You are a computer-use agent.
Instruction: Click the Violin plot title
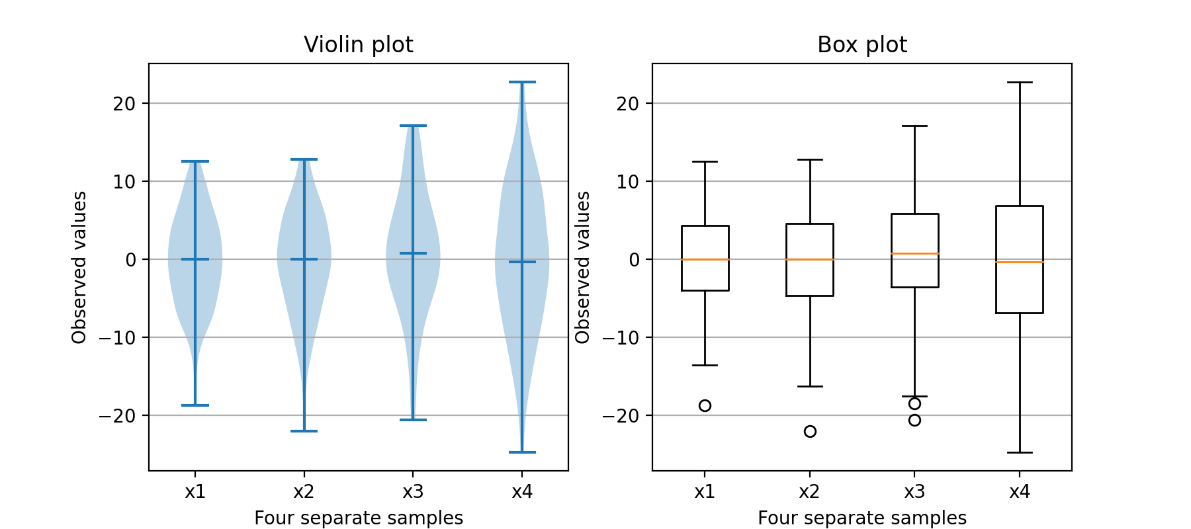coord(358,44)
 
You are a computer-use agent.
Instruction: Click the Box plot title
coord(861,44)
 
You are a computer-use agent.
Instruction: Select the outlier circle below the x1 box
coord(705,405)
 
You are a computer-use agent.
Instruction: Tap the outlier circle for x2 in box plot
coord(810,431)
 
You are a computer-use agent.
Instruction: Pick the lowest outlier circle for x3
coord(914,420)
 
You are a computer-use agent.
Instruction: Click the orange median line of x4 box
coord(1020,263)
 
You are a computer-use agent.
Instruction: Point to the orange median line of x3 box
coord(914,253)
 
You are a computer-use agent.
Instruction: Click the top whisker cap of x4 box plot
coord(1020,83)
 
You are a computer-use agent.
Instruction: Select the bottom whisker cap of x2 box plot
coord(810,386)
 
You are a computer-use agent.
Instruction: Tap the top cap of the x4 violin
coord(522,82)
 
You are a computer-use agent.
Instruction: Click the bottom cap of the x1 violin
coord(195,405)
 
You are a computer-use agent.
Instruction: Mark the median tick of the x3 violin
coord(413,253)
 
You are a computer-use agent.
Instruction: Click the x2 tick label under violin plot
coord(304,491)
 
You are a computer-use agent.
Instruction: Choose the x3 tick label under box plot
coord(914,491)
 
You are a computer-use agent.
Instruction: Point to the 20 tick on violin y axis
coord(124,103)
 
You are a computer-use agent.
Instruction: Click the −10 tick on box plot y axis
coord(619,337)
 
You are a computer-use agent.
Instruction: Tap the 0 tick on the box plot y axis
coord(635,259)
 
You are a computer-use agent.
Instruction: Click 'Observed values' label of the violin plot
coord(79,267)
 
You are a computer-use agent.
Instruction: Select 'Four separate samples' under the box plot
coord(861,518)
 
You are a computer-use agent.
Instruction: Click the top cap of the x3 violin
coord(413,126)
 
